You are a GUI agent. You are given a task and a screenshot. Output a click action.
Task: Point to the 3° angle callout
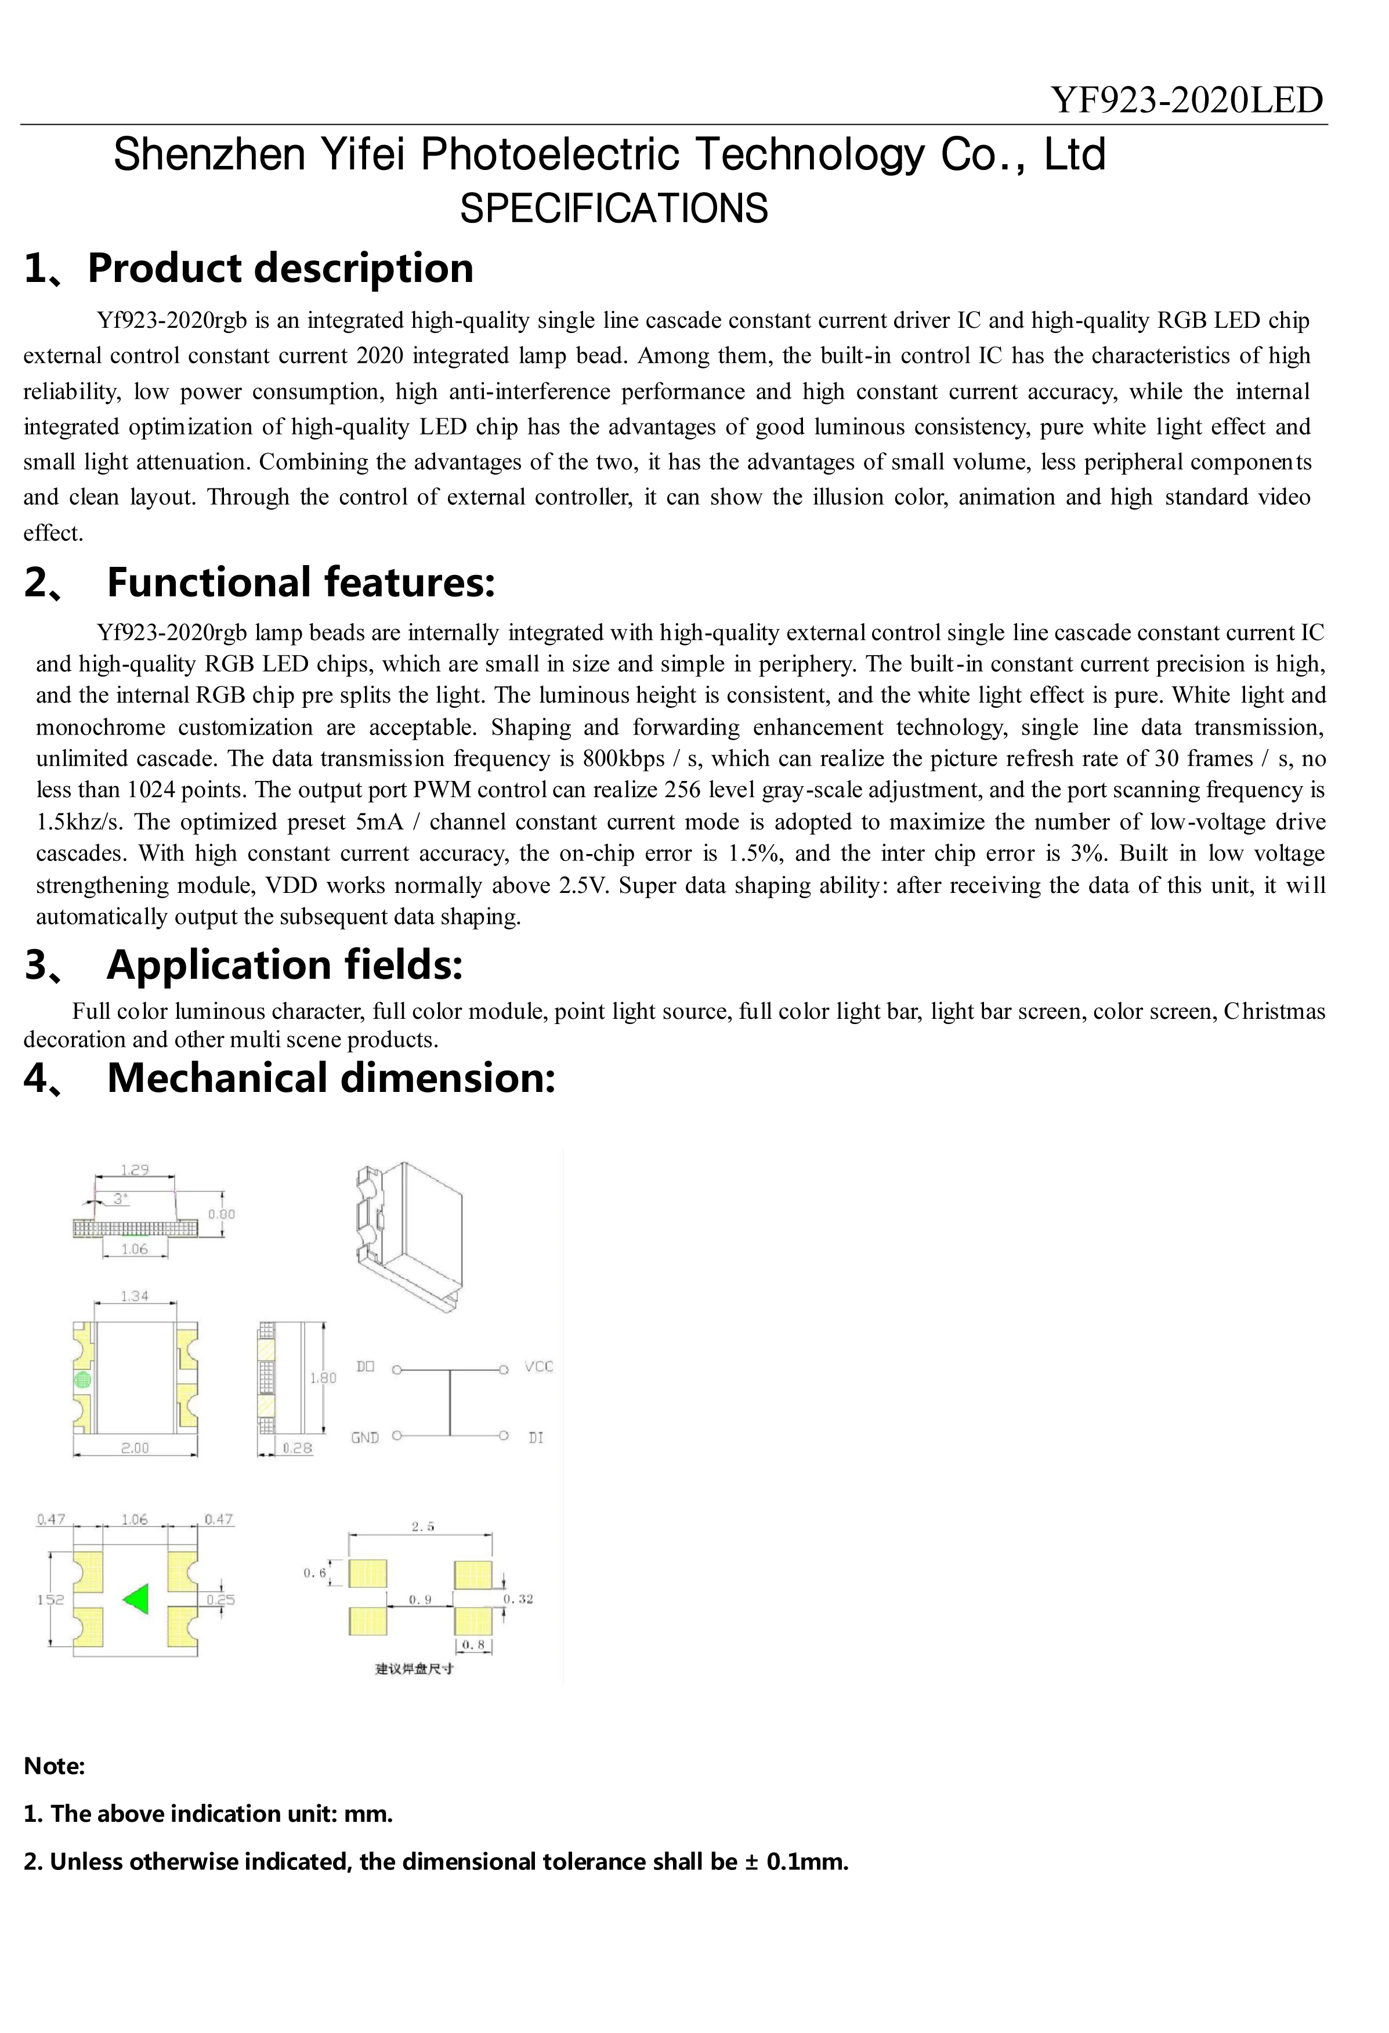120,1199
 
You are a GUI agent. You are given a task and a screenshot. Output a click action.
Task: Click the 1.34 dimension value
135,1296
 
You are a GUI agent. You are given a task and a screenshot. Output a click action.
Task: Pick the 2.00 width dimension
135,1448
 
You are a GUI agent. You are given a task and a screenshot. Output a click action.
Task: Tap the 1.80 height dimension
323,1378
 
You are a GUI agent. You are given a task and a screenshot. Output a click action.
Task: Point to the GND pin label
365,1437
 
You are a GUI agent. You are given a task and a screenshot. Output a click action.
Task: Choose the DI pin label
536,1437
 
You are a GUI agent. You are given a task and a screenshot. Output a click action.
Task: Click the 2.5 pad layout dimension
422,1526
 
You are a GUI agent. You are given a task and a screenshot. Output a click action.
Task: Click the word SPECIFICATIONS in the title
614,208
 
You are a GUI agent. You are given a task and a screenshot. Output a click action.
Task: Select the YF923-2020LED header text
1187,100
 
